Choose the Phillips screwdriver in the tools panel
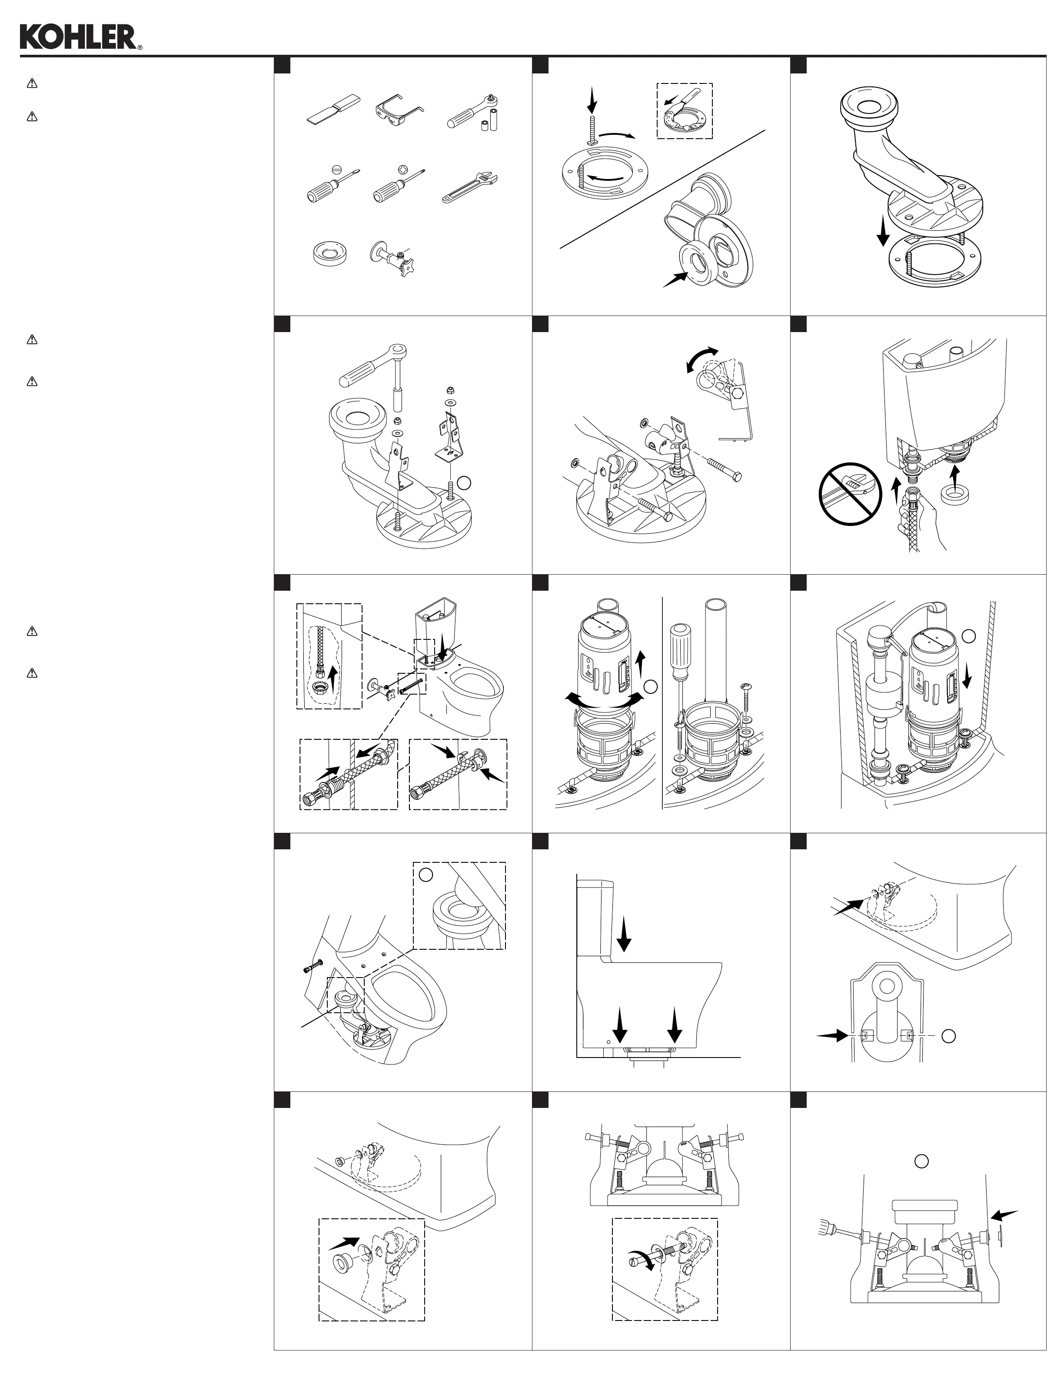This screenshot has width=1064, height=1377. pyautogui.click(x=398, y=186)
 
